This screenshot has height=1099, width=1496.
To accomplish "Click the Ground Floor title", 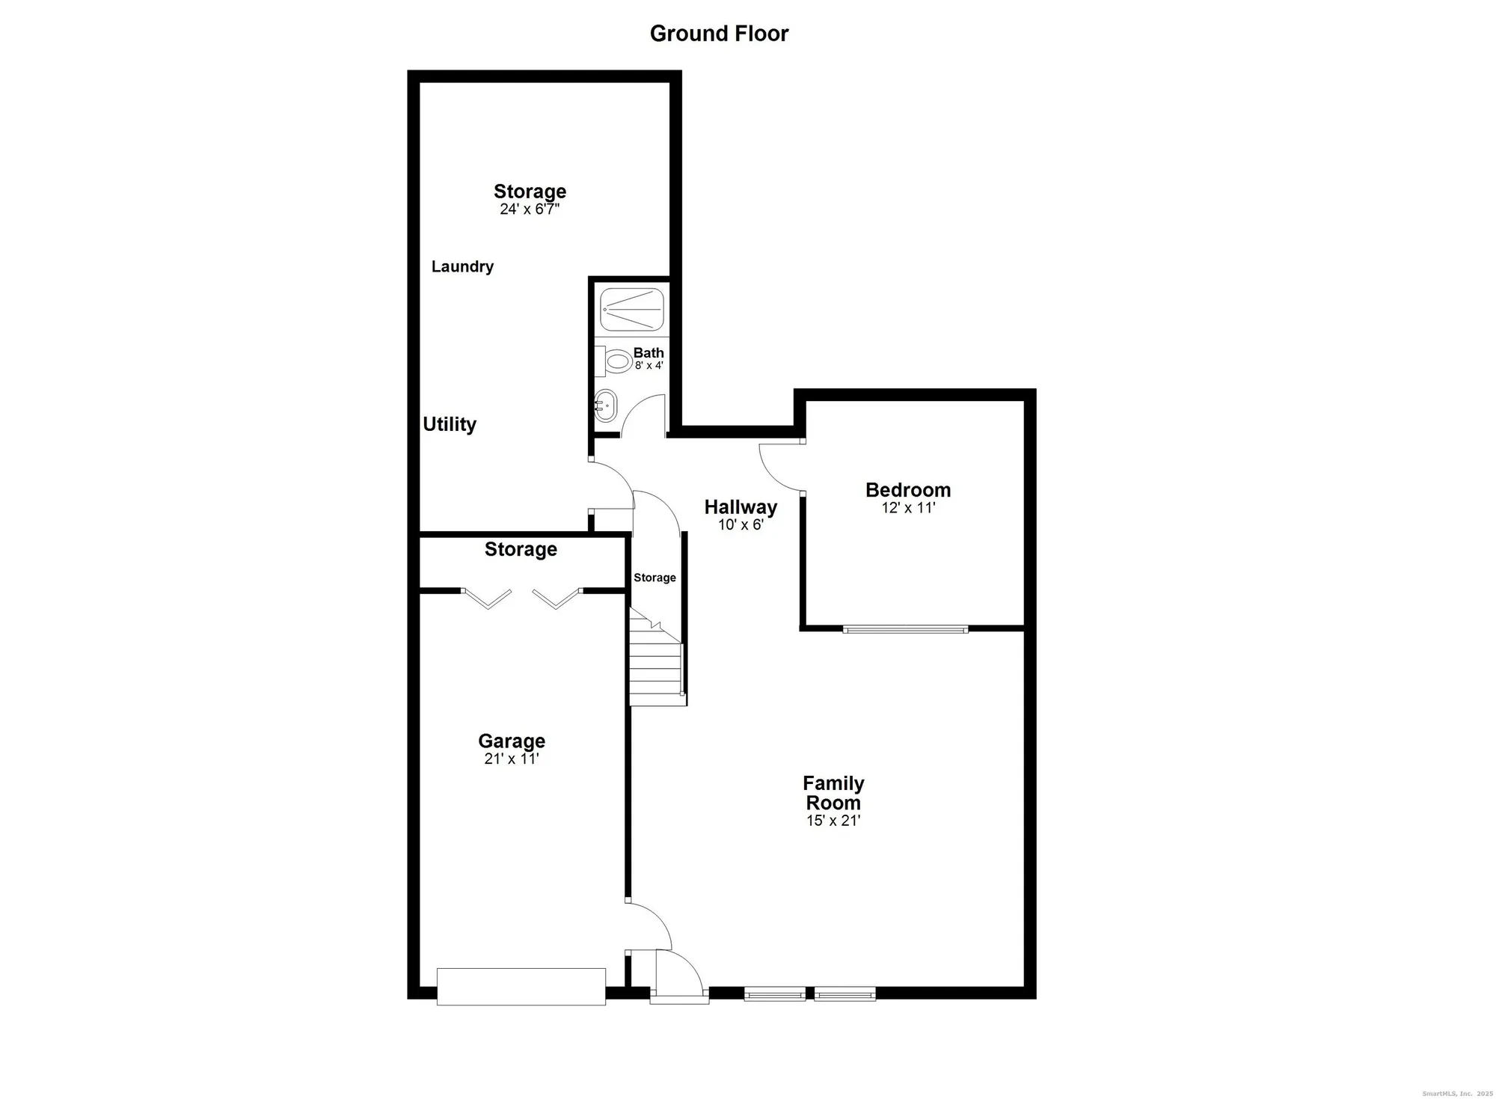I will [x=719, y=34].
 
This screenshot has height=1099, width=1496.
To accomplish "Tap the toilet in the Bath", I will [x=616, y=362].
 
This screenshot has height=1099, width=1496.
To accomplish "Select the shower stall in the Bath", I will [x=632, y=310].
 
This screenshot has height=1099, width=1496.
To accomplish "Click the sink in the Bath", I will [x=605, y=405].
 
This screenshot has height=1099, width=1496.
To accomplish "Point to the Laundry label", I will [x=462, y=266].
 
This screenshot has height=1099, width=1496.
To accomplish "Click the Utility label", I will [x=450, y=424].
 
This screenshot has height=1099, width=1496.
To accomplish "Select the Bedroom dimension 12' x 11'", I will [x=908, y=507].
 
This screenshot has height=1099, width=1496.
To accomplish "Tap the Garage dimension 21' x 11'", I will [x=512, y=759].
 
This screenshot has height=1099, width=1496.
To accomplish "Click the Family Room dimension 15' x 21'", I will [x=833, y=821].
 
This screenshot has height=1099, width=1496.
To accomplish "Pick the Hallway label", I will [x=741, y=507].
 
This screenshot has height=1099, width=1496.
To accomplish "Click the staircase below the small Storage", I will [x=655, y=662].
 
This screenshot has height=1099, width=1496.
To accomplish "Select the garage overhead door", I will [x=521, y=986].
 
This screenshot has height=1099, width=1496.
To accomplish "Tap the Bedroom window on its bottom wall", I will [x=905, y=629].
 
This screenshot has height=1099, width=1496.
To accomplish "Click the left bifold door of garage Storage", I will [x=487, y=599].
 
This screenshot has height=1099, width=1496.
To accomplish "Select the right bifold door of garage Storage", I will [x=557, y=599].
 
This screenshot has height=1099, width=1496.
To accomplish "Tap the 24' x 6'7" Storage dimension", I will [x=530, y=209].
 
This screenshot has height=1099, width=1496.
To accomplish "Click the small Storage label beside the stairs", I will [x=654, y=578].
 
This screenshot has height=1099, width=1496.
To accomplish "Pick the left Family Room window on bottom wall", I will [x=775, y=994].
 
